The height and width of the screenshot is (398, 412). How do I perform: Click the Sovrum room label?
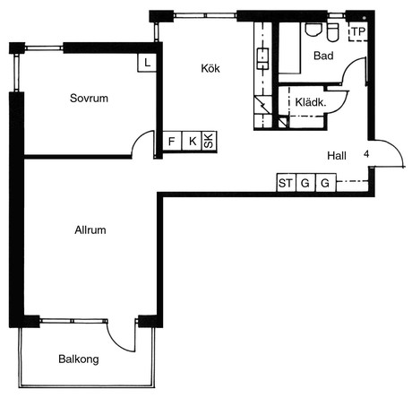pos(89,98)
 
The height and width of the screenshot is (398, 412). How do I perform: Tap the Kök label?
pos(210,68)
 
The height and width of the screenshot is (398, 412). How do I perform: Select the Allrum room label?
pos(90,229)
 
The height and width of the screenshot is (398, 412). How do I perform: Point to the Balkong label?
pos(79,359)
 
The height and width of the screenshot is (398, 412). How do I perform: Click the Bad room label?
pos(323,56)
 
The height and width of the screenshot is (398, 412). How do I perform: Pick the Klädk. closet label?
pos(311,102)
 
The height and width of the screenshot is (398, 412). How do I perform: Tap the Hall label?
pos(337,156)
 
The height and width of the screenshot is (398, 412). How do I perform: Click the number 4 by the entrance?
pos(366,154)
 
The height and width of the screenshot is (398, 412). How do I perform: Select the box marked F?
pos(172,141)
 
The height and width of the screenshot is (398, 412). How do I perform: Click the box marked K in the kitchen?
pos(192,141)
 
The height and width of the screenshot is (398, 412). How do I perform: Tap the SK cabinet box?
pos(210,141)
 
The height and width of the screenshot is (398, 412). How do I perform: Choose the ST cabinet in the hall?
pos(287,183)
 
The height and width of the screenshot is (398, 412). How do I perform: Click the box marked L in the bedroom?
pos(147,63)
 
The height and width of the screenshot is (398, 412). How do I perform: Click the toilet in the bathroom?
pos(332,31)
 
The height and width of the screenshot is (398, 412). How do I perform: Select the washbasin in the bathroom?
pos(313,30)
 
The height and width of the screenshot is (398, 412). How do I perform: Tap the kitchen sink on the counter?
pos(262,59)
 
